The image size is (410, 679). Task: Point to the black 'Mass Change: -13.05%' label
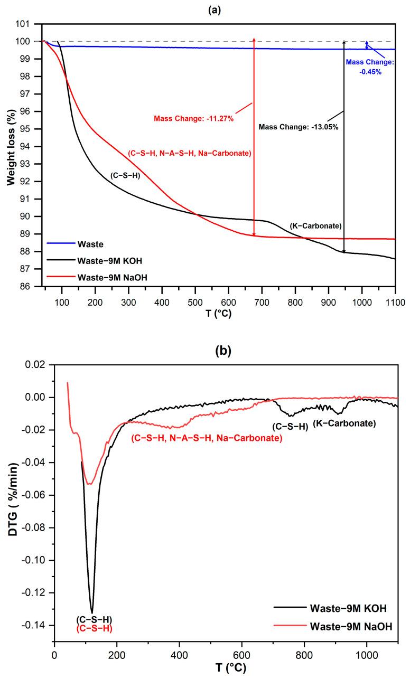(x=298, y=127)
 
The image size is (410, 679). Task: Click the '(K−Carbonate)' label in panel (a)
(x=315, y=226)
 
